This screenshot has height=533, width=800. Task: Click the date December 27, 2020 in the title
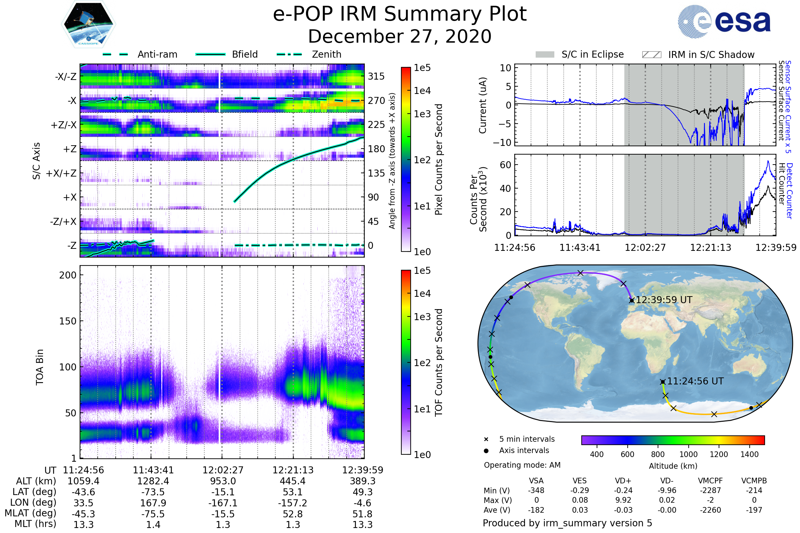pos(400,36)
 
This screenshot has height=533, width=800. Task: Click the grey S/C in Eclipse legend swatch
pos(545,54)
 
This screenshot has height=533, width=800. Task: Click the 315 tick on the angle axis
pos(376,76)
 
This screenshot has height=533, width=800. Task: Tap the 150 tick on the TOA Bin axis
pos(68,321)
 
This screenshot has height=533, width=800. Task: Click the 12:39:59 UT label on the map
pos(664,300)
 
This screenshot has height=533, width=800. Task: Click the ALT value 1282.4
pos(153,481)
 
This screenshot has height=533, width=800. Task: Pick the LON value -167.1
pos(223,503)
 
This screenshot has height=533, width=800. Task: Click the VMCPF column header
pos(710,481)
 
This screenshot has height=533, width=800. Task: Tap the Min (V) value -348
pos(536,490)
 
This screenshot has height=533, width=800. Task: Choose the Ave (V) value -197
pos(754,510)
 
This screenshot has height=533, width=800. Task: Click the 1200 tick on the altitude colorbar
pos(719,454)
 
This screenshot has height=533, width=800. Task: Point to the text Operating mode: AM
pos(522,465)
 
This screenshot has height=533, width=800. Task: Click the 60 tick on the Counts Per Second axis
pos(505,165)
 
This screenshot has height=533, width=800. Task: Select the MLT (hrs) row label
pos(35,524)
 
